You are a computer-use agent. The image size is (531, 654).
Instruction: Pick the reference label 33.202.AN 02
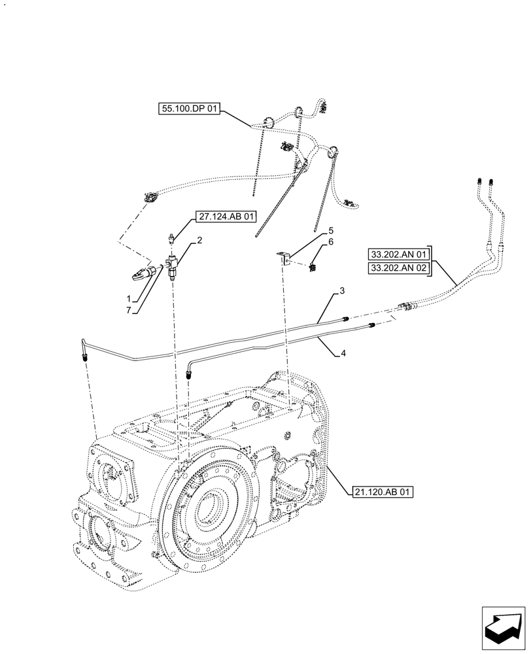[398, 268]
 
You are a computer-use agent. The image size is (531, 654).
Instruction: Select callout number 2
[199, 241]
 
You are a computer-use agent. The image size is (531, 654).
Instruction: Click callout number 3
[341, 290]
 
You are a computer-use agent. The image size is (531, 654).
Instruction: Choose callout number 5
[331, 231]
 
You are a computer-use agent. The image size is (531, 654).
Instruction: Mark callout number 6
[331, 242]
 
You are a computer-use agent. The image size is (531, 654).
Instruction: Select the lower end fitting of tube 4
[189, 375]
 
